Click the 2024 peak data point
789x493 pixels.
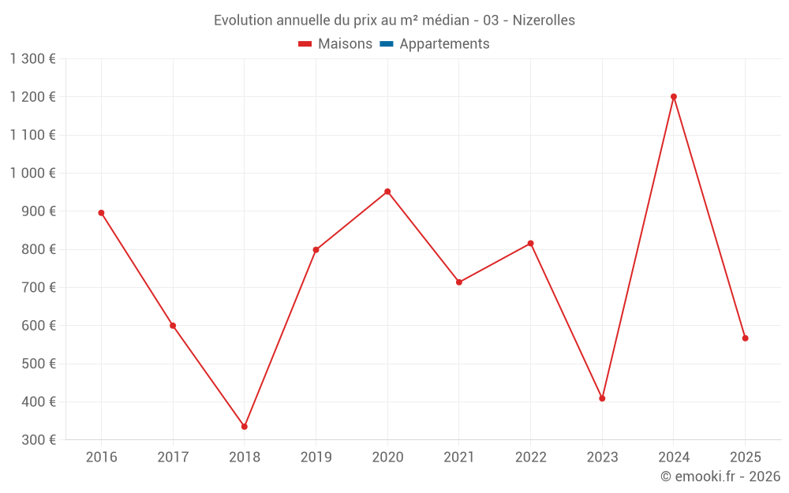pyautogui.click(x=674, y=97)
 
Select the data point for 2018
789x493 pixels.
pyautogui.click(x=245, y=427)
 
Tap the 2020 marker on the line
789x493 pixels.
pyautogui.click(x=387, y=192)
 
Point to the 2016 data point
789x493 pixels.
pyautogui.click(x=101, y=213)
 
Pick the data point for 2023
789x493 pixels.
pyautogui.click(x=602, y=398)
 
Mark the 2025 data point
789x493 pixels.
pyautogui.click(x=745, y=338)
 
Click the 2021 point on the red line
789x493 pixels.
pyautogui.click(x=459, y=282)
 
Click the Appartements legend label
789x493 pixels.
pyautogui.click(x=444, y=44)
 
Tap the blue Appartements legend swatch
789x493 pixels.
pyautogui.click(x=387, y=44)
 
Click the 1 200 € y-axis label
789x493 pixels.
pyautogui.click(x=32, y=97)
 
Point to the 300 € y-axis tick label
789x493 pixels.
pyautogui.click(x=37, y=440)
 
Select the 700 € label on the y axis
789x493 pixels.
pyautogui.click(x=37, y=288)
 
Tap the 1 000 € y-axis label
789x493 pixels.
pyautogui.click(x=32, y=174)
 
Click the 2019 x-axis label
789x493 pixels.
pyautogui.click(x=316, y=458)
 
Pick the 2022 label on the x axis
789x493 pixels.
pyautogui.click(x=530, y=458)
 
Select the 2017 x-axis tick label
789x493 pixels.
pyautogui.click(x=173, y=458)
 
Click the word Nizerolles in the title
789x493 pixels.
pyautogui.click(x=544, y=21)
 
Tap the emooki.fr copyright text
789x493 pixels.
pyautogui.click(x=720, y=476)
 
